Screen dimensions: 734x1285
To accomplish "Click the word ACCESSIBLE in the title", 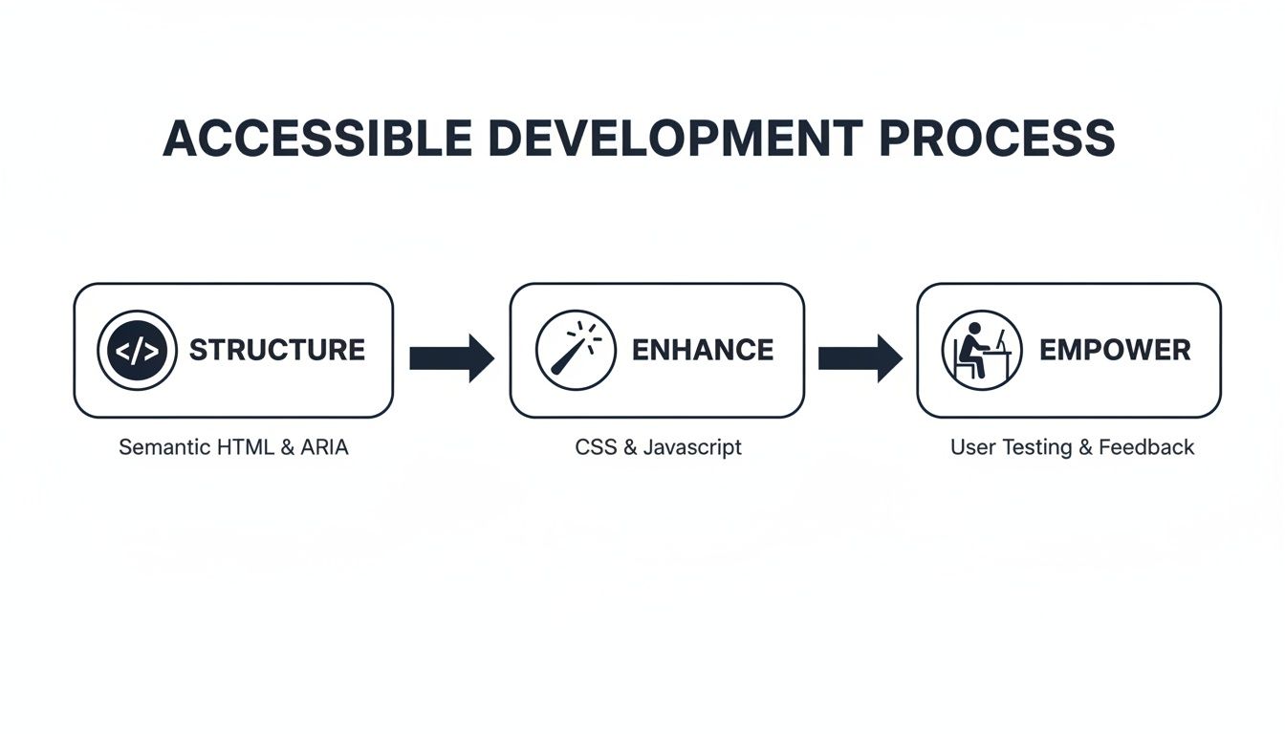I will pyautogui.click(x=316, y=140).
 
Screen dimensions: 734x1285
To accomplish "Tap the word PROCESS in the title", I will pyautogui.click(x=996, y=140).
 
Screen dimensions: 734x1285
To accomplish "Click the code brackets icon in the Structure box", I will pyautogui.click(x=138, y=350).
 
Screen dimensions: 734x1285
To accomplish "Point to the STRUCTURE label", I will pyautogui.click(x=277, y=350).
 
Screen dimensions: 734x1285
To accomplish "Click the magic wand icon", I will pyautogui.click(x=577, y=350).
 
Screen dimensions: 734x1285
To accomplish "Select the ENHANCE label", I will pyautogui.click(x=703, y=350).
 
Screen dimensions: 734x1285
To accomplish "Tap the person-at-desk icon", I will pyautogui.click(x=982, y=350).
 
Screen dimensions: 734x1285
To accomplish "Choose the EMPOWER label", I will pyautogui.click(x=1115, y=350).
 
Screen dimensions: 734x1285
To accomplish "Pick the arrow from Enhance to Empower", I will pyautogui.click(x=860, y=358).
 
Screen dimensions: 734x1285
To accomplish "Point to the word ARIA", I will pyautogui.click(x=325, y=447).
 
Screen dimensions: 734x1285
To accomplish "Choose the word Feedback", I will pyautogui.click(x=1146, y=447).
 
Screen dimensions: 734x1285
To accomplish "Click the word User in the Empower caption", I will pyautogui.click(x=970, y=447).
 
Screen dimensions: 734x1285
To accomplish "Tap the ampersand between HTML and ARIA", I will pyautogui.click(x=288, y=447).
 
